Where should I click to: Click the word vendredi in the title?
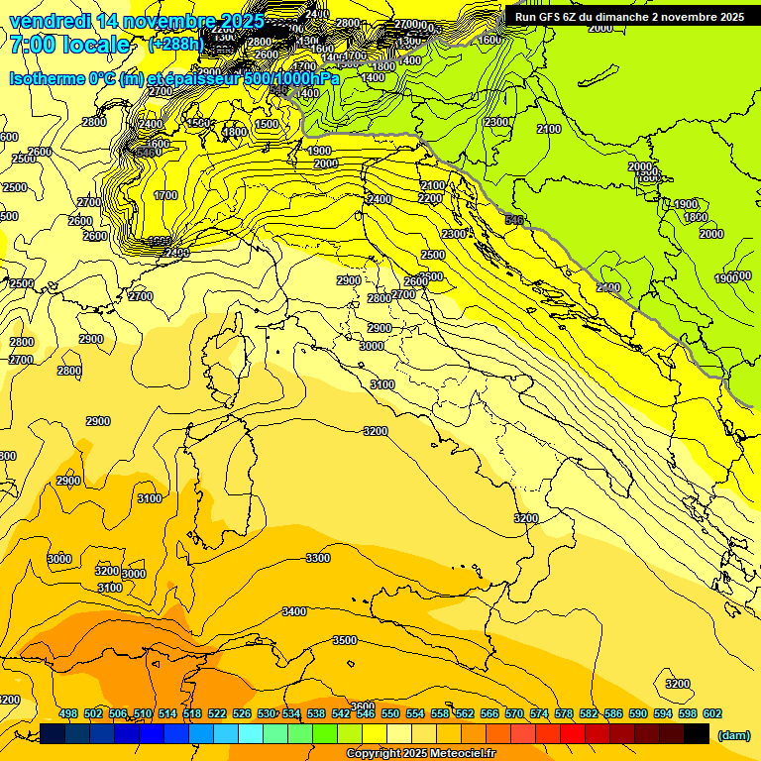click(x=52, y=21)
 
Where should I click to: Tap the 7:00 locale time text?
click(x=69, y=45)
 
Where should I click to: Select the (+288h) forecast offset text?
click(x=177, y=45)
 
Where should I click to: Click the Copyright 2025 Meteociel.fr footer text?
click(x=421, y=753)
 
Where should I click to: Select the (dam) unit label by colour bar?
click(x=733, y=734)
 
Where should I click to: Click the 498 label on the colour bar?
click(x=68, y=713)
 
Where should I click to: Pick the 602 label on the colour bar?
click(x=712, y=713)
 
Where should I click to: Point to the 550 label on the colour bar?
click(x=390, y=713)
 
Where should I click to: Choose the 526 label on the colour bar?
click(x=242, y=713)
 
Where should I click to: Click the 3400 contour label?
click(x=294, y=611)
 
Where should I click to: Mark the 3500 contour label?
click(x=344, y=640)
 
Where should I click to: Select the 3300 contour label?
click(x=317, y=558)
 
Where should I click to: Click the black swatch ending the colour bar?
click(x=697, y=734)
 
